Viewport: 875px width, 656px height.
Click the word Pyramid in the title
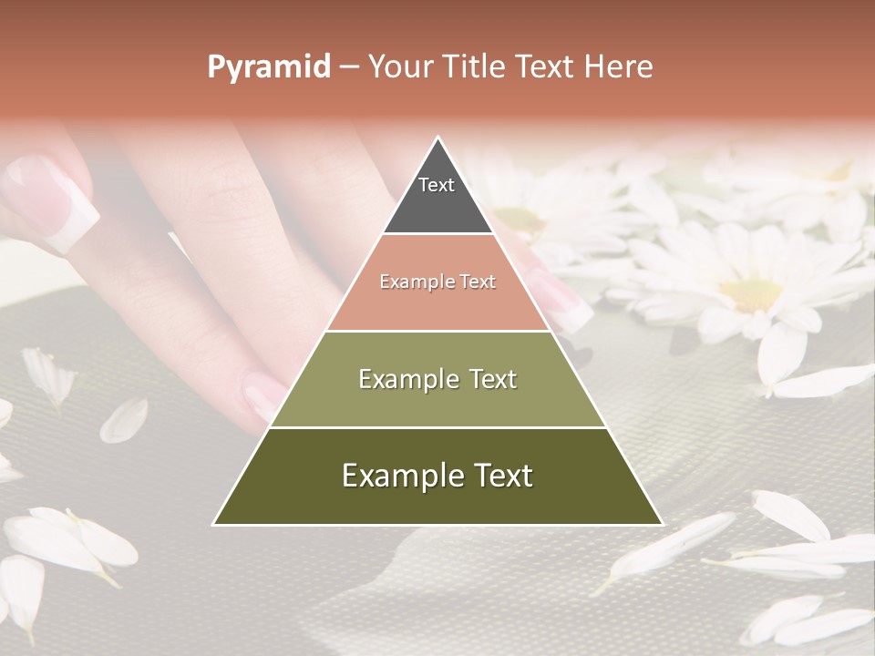tap(268, 67)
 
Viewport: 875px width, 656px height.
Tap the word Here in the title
tap(619, 67)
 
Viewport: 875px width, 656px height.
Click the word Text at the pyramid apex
tap(437, 185)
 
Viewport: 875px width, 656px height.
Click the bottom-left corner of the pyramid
tap(214, 524)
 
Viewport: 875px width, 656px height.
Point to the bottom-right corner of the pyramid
tap(662, 524)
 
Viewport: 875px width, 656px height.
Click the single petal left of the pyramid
tap(124, 420)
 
